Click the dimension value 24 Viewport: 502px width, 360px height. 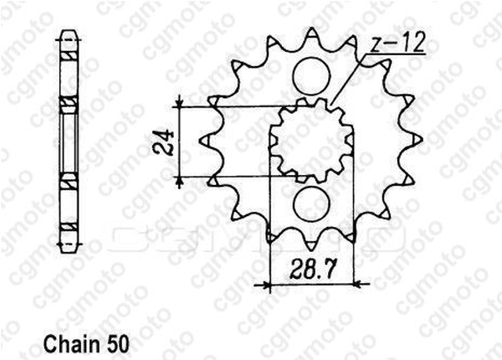[x=164, y=142]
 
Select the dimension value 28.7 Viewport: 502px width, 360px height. [x=313, y=270]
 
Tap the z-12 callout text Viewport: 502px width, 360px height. [x=397, y=43]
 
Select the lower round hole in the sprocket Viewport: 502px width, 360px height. [x=311, y=203]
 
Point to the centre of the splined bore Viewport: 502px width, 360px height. [x=311, y=141]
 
